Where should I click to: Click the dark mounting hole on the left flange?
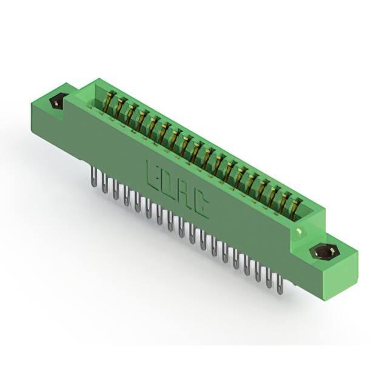pyautogui.click(x=58, y=101)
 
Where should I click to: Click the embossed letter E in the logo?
pyautogui.click(x=154, y=176)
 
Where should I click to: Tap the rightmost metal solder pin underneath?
pyautogui.click(x=280, y=284)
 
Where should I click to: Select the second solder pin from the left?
pyautogui.click(x=104, y=183)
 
